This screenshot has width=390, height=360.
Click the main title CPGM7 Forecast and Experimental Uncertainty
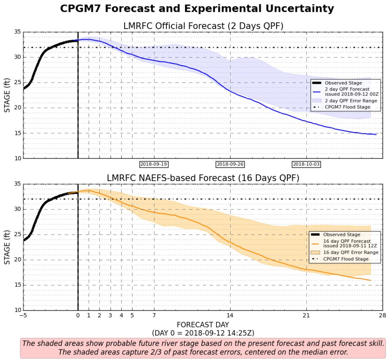(197, 9)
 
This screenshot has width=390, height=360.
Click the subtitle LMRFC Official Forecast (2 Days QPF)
(203, 26)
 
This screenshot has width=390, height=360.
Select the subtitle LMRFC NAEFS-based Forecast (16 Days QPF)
(203, 178)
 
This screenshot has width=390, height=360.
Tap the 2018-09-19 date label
(154, 164)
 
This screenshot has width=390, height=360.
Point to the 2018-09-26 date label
(230, 164)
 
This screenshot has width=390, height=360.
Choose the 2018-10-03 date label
(306, 164)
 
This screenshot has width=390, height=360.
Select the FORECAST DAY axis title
(203, 325)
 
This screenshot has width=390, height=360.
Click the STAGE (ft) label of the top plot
(7, 95)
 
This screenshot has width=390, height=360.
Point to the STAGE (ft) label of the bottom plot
(7, 247)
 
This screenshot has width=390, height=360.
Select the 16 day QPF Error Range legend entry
(350, 253)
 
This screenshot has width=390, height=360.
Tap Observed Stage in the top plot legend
(343, 83)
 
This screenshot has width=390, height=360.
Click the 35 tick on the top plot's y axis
(17, 32)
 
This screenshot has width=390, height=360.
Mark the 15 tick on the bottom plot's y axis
(17, 285)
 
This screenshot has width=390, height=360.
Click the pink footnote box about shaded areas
(203, 348)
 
